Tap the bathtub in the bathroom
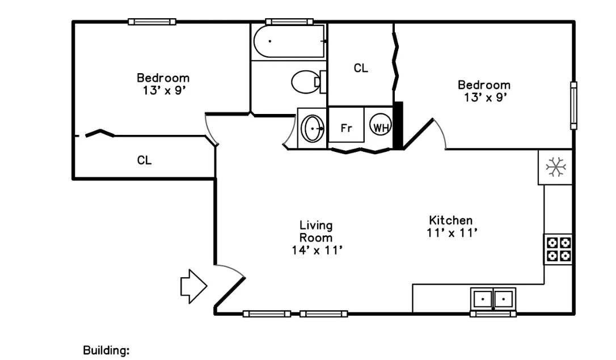pyautogui.click(x=289, y=41)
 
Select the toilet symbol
pyautogui.click(x=308, y=82)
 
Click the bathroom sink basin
pyautogui.click(x=313, y=128)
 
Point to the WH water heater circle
pyautogui.click(x=380, y=124)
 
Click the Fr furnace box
pyautogui.click(x=346, y=125)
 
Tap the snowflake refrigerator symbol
pyautogui.click(x=555, y=167)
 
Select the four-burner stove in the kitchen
pyautogui.click(x=558, y=249)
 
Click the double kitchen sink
pyautogui.click(x=493, y=299)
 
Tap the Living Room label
pyautogui.click(x=316, y=231)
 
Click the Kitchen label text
pyautogui.click(x=450, y=220)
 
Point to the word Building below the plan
pyautogui.click(x=106, y=350)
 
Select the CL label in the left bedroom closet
pyautogui.click(x=144, y=160)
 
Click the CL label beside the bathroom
pyautogui.click(x=361, y=68)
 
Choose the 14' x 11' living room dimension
pyautogui.click(x=317, y=250)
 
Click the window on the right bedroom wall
pyautogui.click(x=573, y=105)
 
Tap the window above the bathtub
pyautogui.click(x=289, y=22)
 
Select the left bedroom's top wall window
pyautogui.click(x=152, y=22)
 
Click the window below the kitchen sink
pyautogui.click(x=493, y=314)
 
